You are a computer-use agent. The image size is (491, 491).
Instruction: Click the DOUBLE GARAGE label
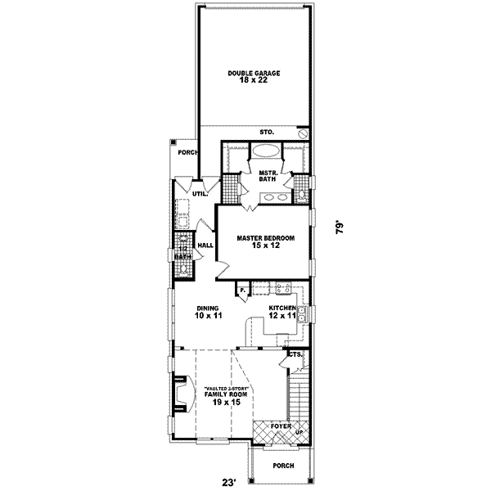coord(254,77)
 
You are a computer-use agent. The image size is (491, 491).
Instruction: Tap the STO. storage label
coord(266,132)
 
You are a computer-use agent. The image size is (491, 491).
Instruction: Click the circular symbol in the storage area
coord(303,133)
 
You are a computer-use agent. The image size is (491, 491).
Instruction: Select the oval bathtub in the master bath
coord(265,151)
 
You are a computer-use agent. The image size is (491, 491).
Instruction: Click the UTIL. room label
coord(199,194)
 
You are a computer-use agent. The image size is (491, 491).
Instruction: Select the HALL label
coord(205,244)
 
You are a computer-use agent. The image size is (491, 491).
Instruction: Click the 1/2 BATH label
coord(183,253)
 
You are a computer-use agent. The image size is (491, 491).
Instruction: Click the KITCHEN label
coord(282,311)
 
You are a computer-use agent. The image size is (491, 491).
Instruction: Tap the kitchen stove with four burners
coord(283,288)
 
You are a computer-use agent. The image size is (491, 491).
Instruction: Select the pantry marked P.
coord(243,289)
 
